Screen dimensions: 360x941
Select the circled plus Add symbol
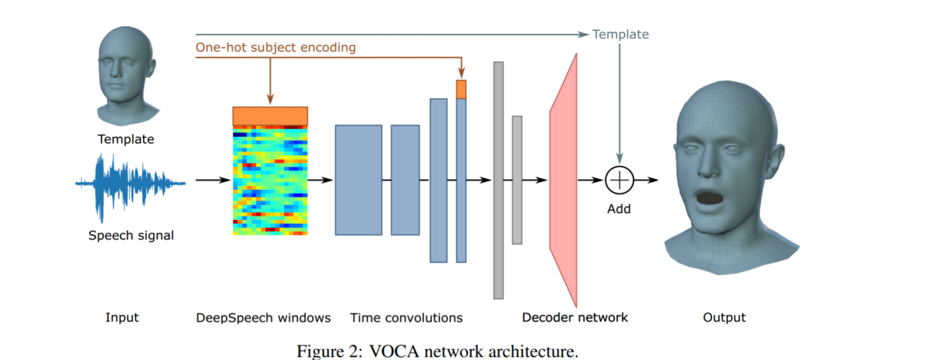click(619, 180)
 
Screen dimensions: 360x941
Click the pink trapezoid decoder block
click(564, 180)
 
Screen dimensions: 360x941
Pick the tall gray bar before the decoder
click(498, 180)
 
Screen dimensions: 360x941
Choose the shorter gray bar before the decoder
click(517, 180)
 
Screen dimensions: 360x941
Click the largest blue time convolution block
click(359, 180)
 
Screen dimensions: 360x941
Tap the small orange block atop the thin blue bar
click(461, 89)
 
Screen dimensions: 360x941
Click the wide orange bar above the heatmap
click(270, 116)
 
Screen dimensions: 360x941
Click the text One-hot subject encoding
click(276, 47)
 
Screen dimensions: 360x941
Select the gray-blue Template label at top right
click(620, 34)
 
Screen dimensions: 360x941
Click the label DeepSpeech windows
click(263, 318)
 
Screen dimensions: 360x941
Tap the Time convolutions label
click(406, 318)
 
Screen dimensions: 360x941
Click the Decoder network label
click(575, 318)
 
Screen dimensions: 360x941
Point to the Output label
click(724, 318)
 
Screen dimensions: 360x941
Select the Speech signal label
click(131, 236)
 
